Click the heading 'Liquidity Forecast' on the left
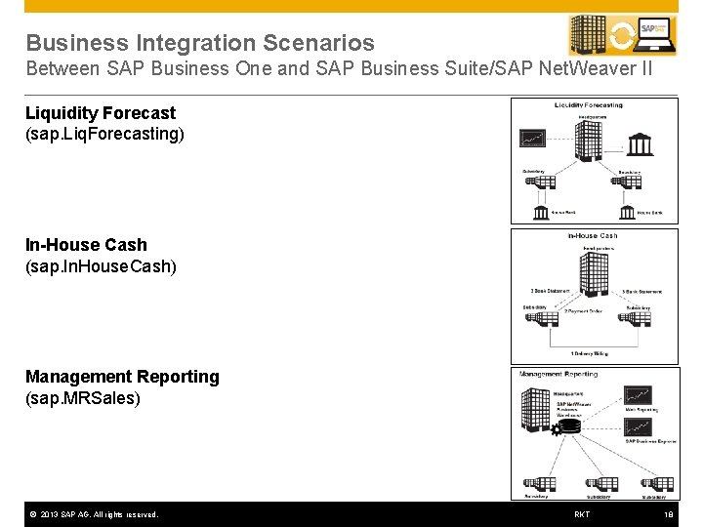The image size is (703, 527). tap(101, 113)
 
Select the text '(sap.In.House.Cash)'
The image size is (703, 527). tap(101, 265)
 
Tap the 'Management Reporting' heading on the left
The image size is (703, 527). tap(122, 377)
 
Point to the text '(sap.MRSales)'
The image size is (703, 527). tap(83, 398)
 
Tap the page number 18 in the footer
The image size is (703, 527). tap(669, 514)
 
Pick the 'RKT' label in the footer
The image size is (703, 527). tap(582, 514)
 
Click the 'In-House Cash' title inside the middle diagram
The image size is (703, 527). tap(593, 236)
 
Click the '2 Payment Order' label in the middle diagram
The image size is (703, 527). tap(583, 311)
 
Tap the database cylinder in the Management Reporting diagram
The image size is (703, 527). tap(568, 426)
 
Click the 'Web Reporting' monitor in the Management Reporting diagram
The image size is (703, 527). tap(639, 396)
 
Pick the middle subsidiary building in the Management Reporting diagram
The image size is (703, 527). tap(594, 485)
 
